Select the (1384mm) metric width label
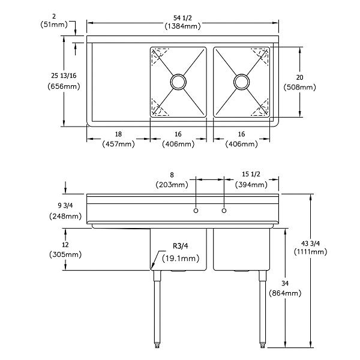[184, 26]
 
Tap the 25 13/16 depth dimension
[63, 75]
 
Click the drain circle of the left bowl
[178, 81]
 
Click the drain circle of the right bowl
[241, 81]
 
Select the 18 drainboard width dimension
[118, 135]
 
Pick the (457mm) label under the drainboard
[118, 144]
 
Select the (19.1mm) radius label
[181, 258]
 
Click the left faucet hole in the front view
[196, 211]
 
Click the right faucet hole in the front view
[224, 211]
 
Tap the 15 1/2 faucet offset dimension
[251, 175]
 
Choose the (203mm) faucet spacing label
[172, 184]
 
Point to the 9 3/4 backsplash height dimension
[64, 206]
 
